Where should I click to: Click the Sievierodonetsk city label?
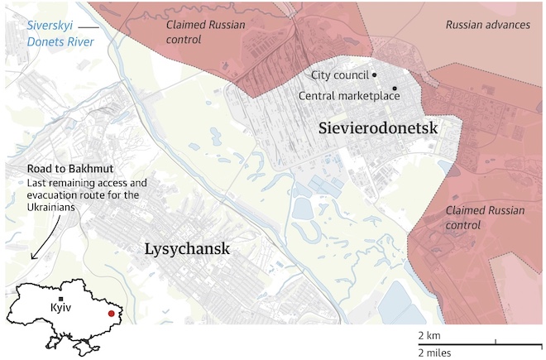point(377,128)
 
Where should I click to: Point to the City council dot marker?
point(375,75)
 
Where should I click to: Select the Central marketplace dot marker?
point(395,89)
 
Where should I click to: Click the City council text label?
point(339,75)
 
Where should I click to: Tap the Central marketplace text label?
point(348,96)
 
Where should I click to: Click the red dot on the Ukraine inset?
point(111,314)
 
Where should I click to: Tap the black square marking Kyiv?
point(61,296)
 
